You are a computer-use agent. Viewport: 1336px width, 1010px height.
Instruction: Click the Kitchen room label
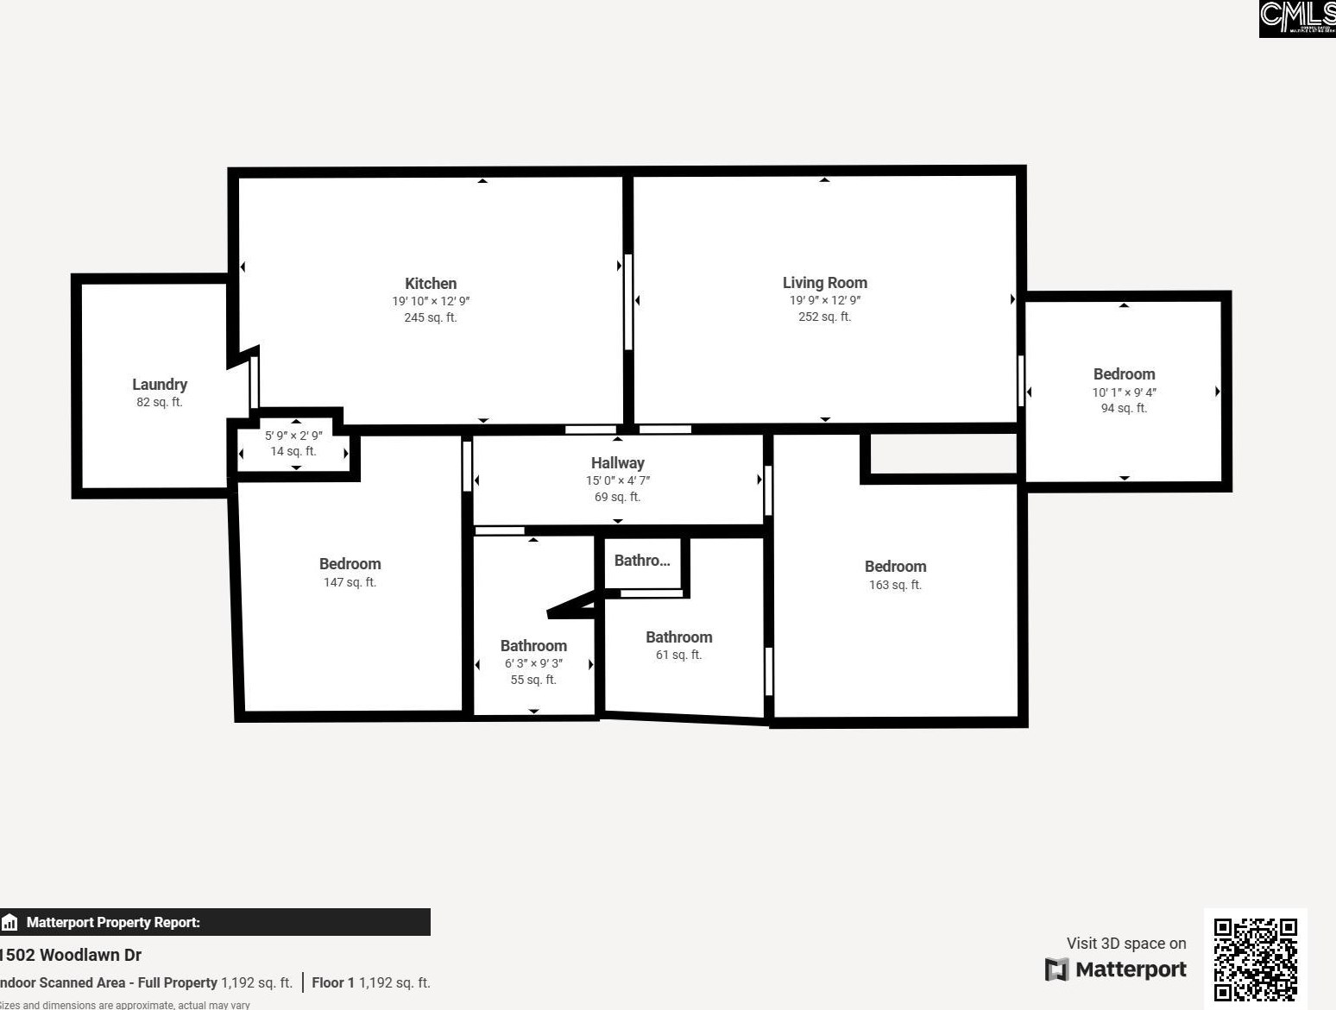tap(431, 284)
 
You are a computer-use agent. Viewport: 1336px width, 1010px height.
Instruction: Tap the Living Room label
tap(824, 283)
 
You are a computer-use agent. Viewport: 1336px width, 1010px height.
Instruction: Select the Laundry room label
tap(160, 385)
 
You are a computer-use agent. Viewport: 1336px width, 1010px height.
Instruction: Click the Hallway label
tap(617, 463)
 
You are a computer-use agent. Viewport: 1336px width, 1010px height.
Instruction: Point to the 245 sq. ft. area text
tap(431, 317)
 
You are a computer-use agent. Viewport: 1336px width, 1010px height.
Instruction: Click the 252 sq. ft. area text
tap(824, 317)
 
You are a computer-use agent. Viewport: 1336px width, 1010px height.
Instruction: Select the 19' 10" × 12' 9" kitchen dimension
tap(431, 301)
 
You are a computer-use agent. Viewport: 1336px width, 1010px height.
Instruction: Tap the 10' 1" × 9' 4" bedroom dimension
tap(1124, 392)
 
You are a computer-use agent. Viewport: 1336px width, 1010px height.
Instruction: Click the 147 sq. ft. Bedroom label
tap(350, 564)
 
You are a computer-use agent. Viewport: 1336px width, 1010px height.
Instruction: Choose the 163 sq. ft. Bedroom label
tap(895, 567)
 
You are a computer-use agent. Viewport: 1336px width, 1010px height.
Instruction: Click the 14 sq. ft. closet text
tap(293, 451)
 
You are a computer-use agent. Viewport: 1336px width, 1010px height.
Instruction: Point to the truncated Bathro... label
tap(641, 561)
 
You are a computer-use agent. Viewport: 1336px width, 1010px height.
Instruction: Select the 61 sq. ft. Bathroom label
tap(678, 637)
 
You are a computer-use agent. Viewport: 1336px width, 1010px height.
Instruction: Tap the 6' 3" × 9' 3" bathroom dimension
tap(533, 663)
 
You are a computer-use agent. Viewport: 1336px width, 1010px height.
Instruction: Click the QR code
tap(1255, 958)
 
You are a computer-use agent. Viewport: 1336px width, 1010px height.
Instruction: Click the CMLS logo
tap(1296, 18)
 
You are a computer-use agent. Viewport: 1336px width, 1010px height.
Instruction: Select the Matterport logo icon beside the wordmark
tap(1056, 969)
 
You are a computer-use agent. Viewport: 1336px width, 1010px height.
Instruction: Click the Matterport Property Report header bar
tap(215, 922)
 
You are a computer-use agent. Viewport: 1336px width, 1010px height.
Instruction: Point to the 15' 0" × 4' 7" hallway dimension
tap(617, 480)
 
